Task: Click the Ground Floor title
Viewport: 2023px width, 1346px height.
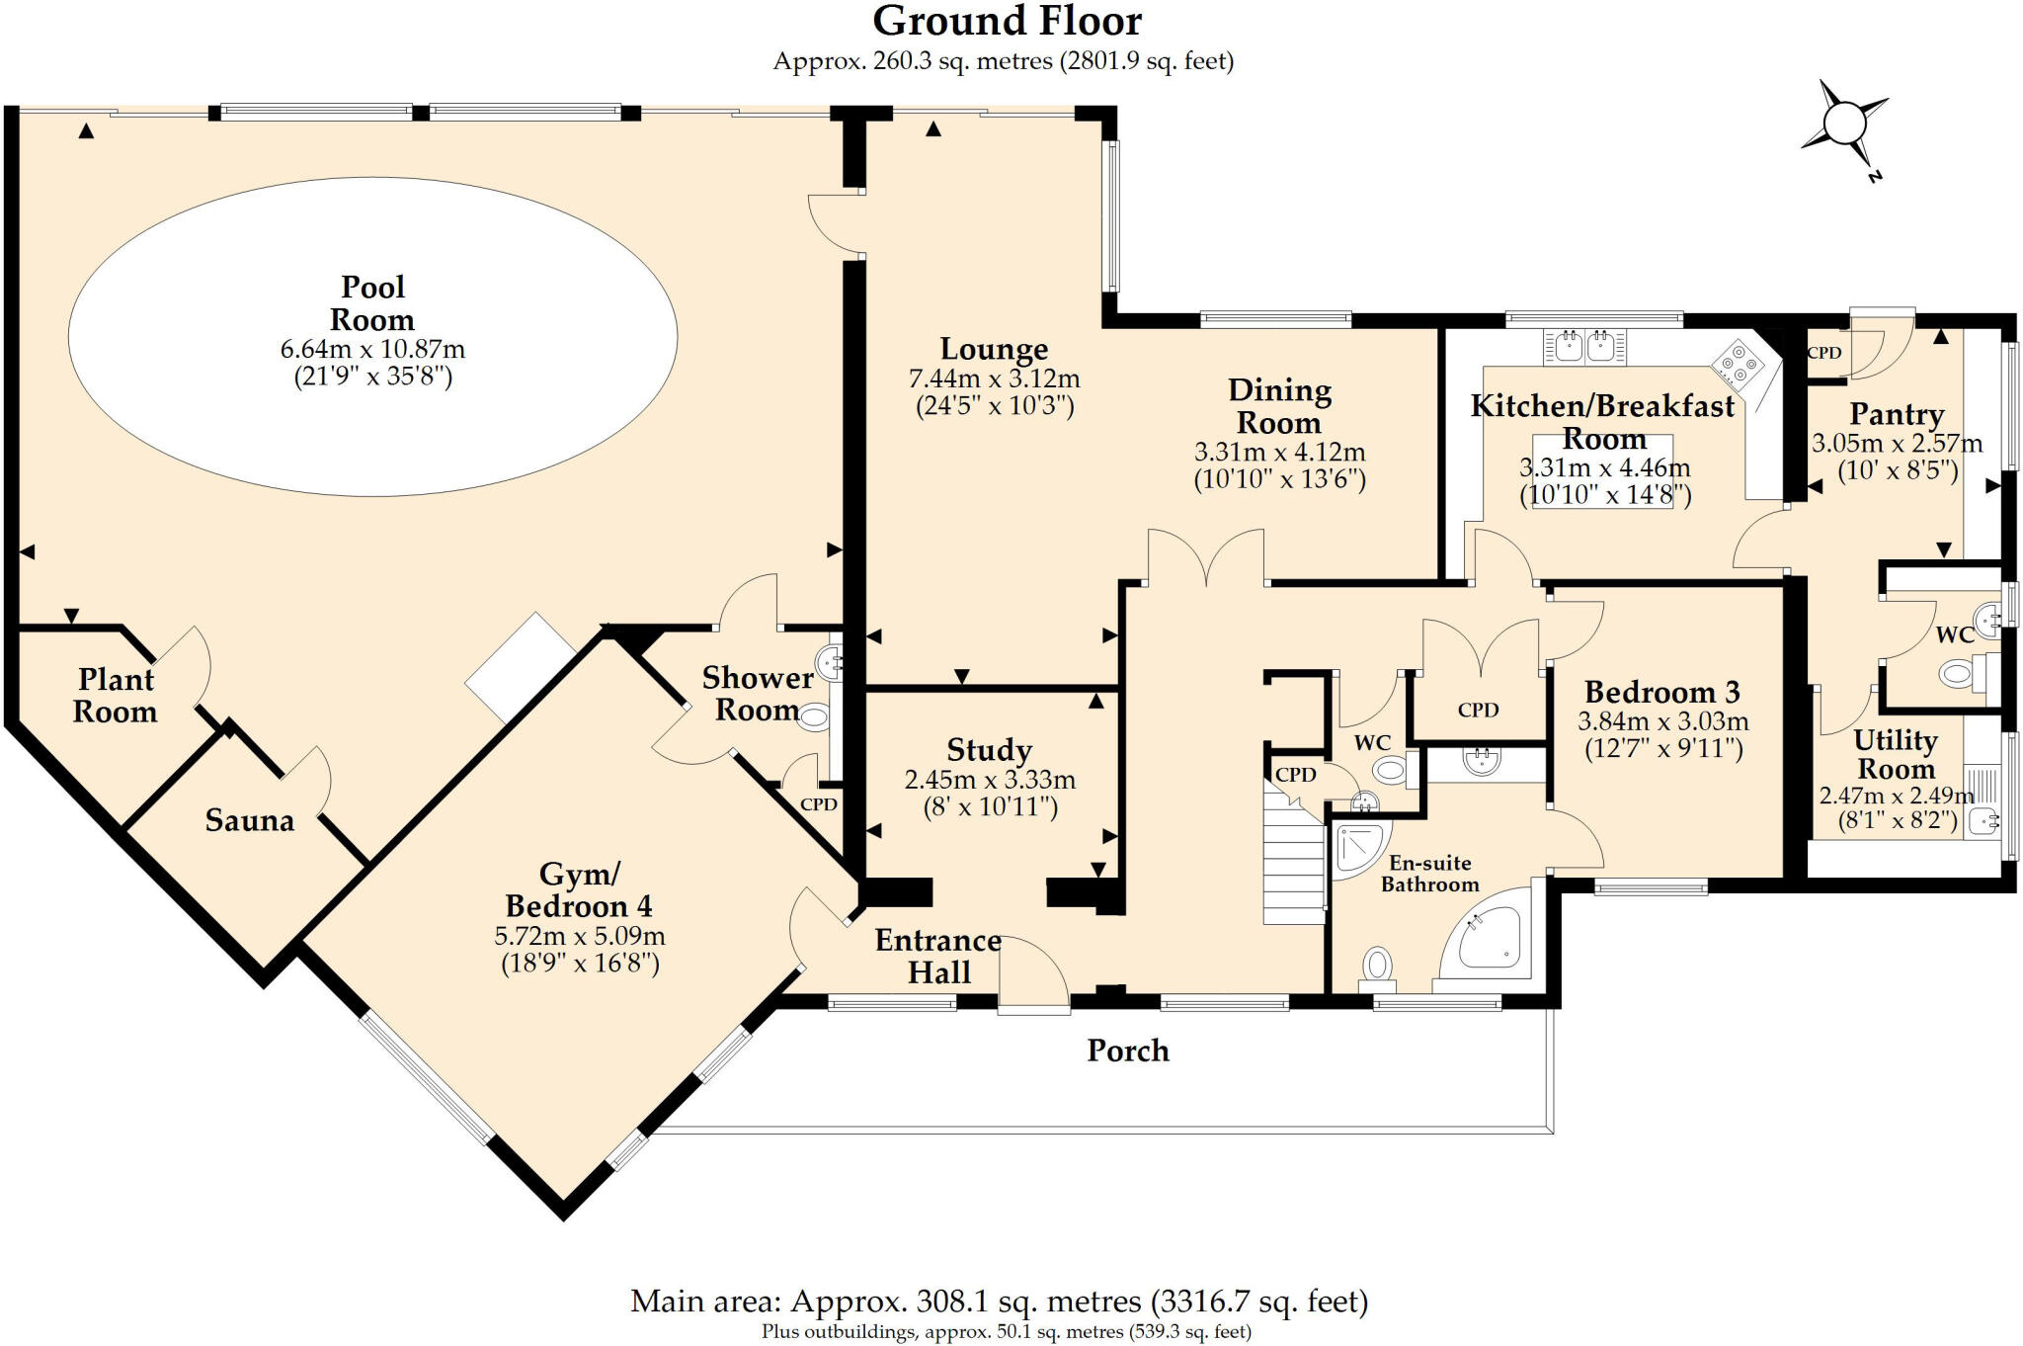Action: tap(1007, 22)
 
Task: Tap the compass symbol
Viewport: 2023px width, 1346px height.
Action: tap(1842, 126)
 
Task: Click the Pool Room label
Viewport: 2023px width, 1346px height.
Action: tap(372, 302)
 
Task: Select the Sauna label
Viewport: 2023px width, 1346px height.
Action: tap(249, 820)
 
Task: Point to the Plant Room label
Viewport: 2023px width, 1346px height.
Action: tap(116, 695)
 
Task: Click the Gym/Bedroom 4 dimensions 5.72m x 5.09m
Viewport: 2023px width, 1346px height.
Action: tap(579, 936)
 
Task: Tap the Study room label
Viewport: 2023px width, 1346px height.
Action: tap(989, 750)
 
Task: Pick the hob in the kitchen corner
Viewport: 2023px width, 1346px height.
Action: tap(1740, 365)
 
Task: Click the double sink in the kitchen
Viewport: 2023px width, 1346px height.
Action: tap(1583, 347)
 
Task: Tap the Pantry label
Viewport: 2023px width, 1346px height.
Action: tap(1897, 414)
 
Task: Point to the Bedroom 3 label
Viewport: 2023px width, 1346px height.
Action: tap(1662, 692)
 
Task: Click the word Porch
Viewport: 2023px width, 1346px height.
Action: tap(1128, 1051)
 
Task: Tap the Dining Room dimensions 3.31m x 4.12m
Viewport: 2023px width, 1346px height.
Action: tap(1279, 453)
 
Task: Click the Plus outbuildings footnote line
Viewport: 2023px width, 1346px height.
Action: tap(1006, 1332)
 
